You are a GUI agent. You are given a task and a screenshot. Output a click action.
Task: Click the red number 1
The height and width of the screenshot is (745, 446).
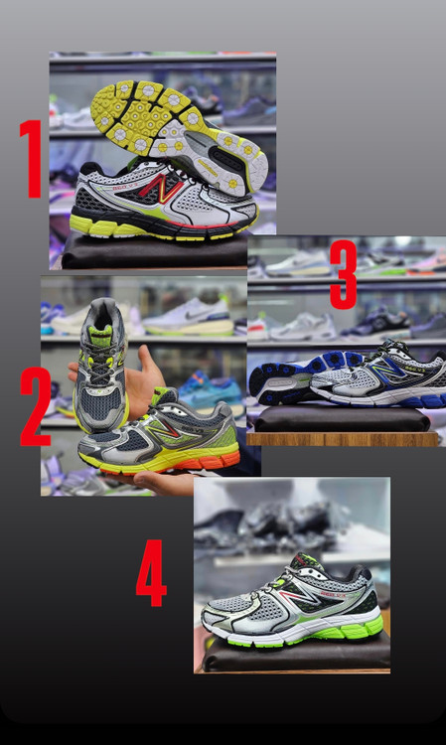pos(32,159)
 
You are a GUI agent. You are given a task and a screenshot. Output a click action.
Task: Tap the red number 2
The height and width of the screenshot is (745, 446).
pos(35,406)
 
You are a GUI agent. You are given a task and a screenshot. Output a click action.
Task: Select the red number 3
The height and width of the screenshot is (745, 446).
pos(343,274)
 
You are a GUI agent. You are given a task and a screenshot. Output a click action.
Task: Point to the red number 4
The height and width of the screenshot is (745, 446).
pos(151,573)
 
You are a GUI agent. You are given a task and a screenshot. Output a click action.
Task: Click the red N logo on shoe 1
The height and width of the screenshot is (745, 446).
pos(161,188)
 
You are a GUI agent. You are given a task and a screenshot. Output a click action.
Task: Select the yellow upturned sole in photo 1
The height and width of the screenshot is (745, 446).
pos(180,135)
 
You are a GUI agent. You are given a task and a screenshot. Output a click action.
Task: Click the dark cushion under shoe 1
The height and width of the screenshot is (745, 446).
pos(154,250)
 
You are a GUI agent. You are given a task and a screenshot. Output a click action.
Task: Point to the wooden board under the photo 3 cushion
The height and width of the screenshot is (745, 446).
pos(342,438)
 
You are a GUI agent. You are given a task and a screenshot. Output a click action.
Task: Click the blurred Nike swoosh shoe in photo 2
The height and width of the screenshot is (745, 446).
pos(188,318)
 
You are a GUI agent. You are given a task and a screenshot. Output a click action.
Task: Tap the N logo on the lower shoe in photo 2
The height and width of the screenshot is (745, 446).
pos(163,430)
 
